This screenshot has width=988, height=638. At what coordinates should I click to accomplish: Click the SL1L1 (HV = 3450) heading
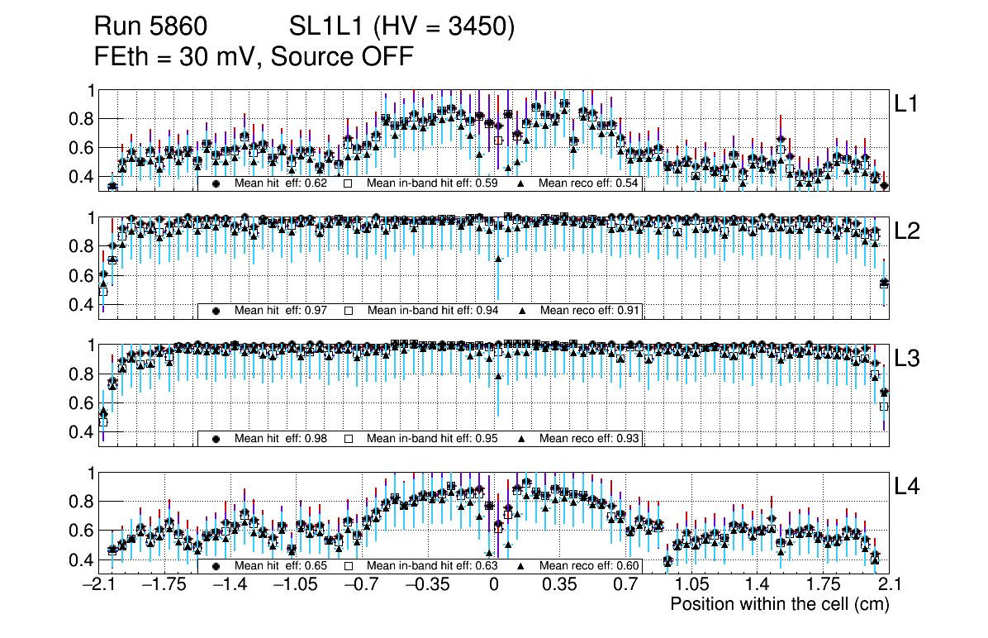point(401,27)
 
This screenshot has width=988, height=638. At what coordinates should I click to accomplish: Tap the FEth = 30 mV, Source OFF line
point(254,57)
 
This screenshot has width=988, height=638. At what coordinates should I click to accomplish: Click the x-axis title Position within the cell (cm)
point(779,604)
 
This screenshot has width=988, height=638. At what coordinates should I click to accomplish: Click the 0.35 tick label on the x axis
point(559,585)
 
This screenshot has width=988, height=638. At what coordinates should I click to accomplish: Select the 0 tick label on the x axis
point(493,585)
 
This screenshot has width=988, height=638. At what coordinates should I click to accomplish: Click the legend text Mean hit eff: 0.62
point(281,183)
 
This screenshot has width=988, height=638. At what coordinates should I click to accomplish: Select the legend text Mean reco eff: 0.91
point(589,311)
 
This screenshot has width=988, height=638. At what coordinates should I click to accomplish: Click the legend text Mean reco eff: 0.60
point(589,566)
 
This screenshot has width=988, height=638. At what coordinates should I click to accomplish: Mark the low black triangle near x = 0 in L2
point(498,259)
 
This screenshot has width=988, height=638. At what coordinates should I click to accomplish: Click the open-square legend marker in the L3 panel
point(349,438)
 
